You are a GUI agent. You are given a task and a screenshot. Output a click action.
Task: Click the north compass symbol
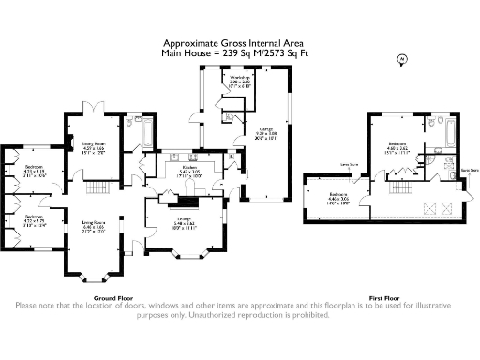pos(401,59)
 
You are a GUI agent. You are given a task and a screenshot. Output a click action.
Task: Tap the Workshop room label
pos(213,81)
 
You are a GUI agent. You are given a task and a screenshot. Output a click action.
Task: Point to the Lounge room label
pos(183,223)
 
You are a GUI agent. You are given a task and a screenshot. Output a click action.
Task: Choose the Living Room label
pos(93,226)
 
